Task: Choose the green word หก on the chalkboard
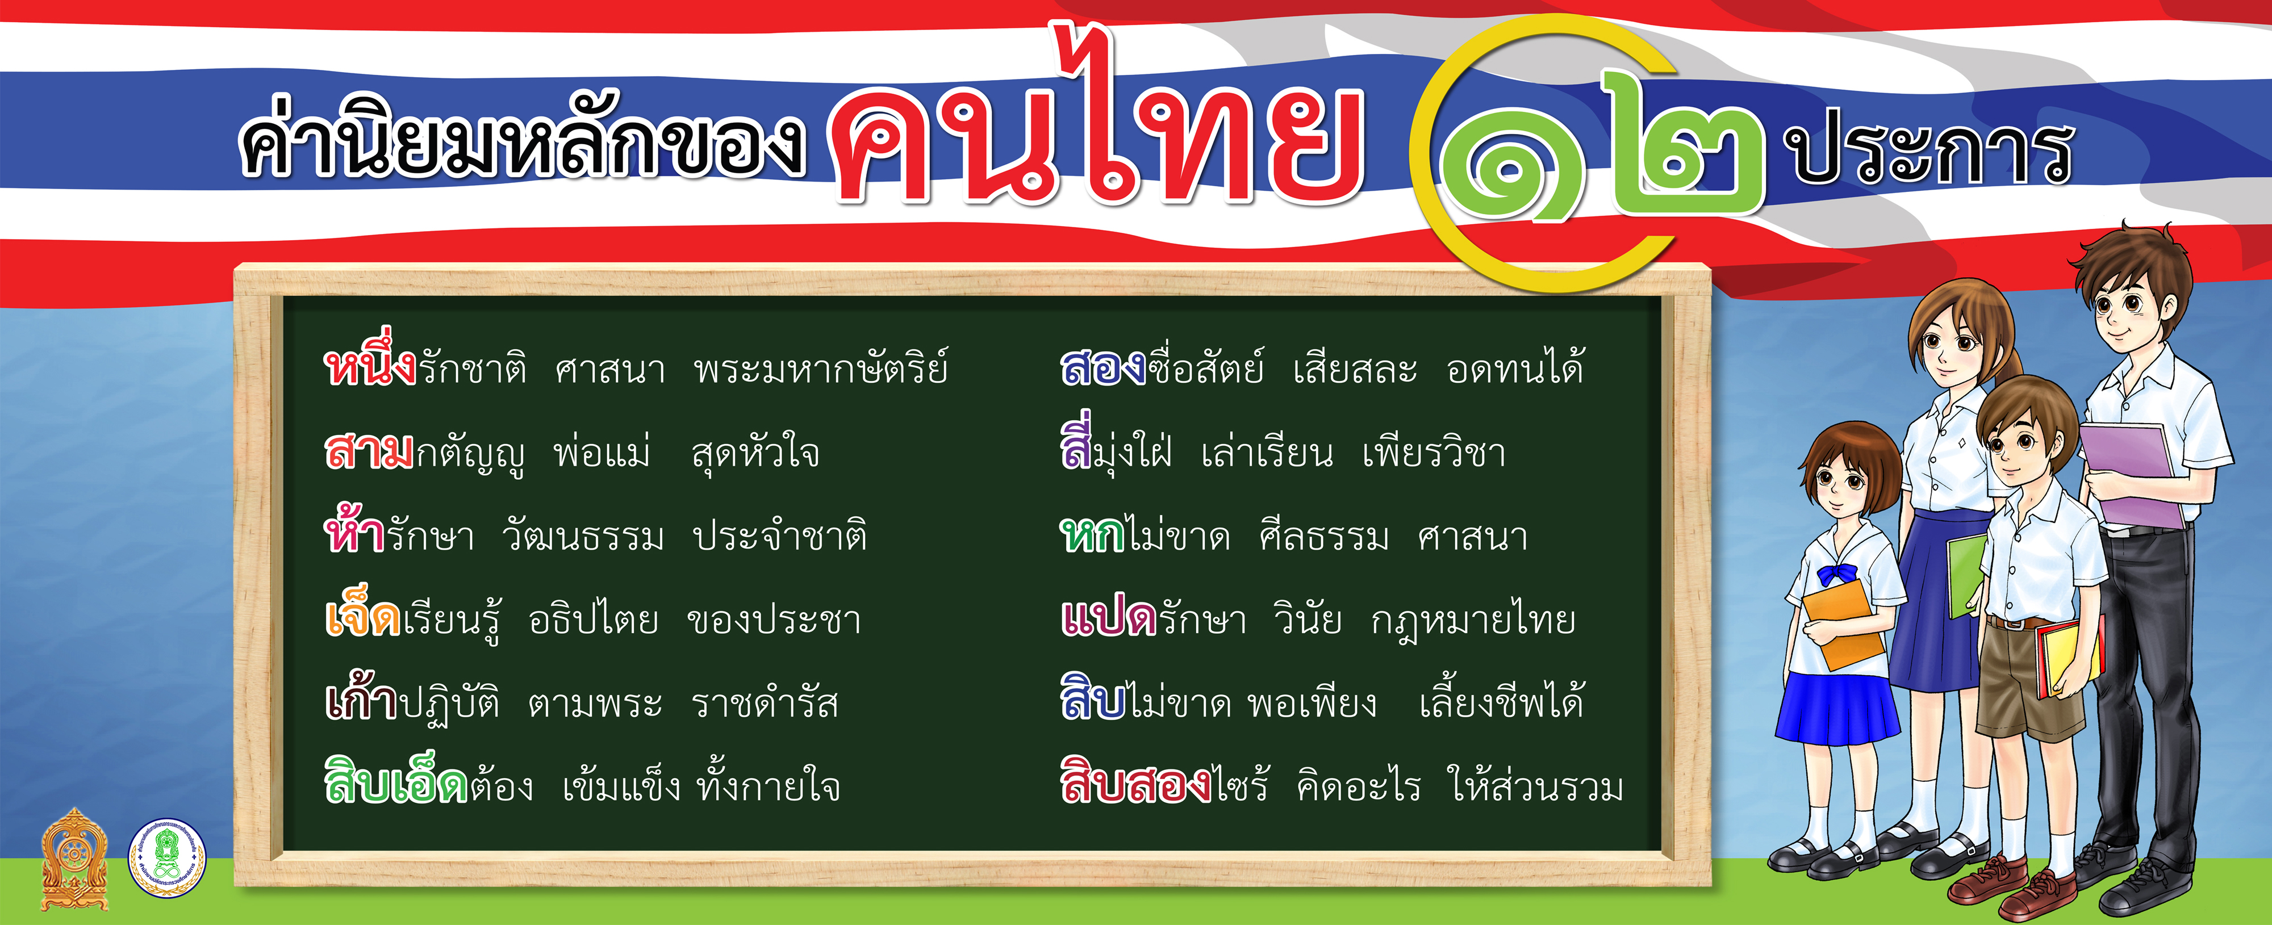(x=1092, y=534)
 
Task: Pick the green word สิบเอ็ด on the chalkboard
(x=396, y=780)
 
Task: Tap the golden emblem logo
(x=75, y=859)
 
